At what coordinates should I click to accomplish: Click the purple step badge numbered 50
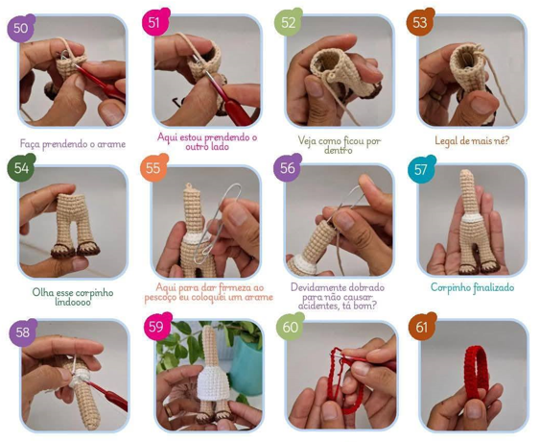21,28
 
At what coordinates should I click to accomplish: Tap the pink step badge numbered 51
154,22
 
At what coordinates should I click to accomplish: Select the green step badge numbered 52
289,22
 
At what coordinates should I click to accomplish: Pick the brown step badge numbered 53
420,22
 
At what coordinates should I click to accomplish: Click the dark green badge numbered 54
21,168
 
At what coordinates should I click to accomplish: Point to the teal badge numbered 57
421,169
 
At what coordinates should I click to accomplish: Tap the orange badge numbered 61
422,327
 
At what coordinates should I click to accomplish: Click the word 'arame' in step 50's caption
111,144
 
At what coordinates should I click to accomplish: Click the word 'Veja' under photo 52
307,141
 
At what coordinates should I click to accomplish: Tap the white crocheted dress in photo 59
213,385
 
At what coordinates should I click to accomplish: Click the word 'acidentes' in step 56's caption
317,306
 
